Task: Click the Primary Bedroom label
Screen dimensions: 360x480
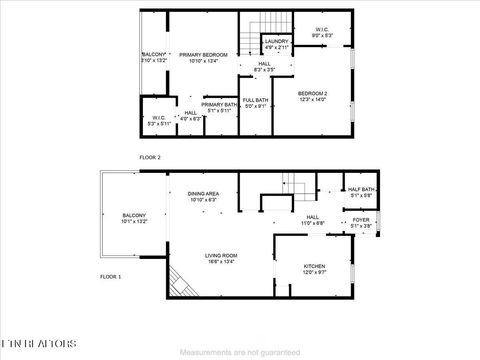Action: point(203,57)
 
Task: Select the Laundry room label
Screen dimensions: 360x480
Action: point(277,44)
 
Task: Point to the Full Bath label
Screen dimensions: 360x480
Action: point(255,102)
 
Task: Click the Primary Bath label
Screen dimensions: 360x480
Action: point(218,107)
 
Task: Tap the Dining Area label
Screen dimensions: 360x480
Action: point(204,197)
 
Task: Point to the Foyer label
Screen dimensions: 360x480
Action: point(361,223)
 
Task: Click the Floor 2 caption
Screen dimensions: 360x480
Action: point(150,157)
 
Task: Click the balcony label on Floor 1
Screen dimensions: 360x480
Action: point(134,219)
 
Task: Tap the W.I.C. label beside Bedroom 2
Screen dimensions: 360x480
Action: point(321,32)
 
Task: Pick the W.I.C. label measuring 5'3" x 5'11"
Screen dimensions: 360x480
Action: point(158,121)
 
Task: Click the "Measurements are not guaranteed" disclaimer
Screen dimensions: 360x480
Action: point(239,352)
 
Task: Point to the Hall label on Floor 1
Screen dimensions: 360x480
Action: point(312,220)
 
